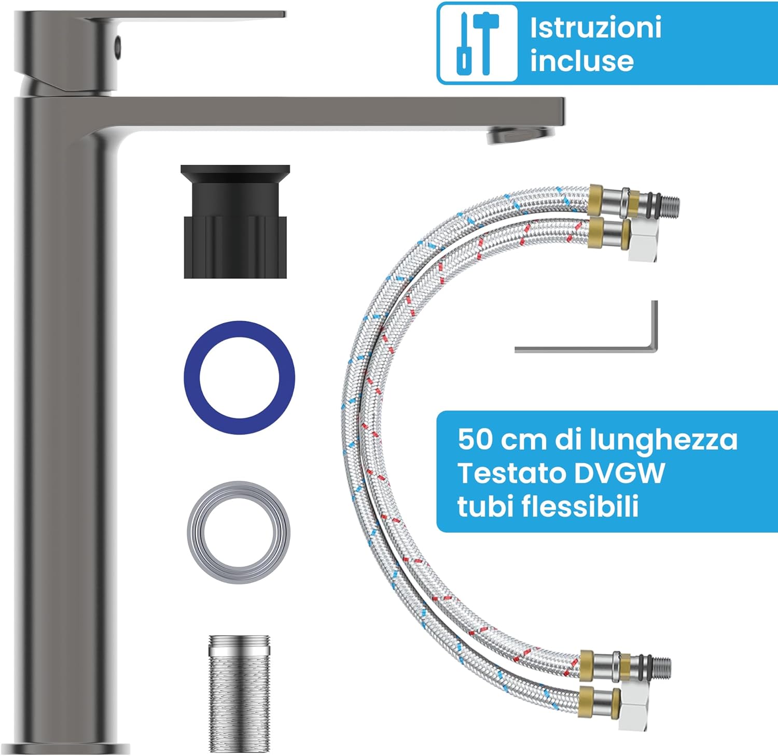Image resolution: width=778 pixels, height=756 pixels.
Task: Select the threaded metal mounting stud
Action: pyautogui.click(x=240, y=693)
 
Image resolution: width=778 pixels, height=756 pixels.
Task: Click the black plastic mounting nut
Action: pyautogui.click(x=235, y=222)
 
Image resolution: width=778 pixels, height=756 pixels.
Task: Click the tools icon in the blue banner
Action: pyautogui.click(x=478, y=44)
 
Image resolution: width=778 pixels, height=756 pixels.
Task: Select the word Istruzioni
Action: pyautogui.click(x=595, y=27)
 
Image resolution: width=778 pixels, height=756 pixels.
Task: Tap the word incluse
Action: pyautogui.click(x=582, y=61)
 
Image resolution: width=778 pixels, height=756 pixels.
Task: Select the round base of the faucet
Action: pyautogui.click(x=72, y=749)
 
